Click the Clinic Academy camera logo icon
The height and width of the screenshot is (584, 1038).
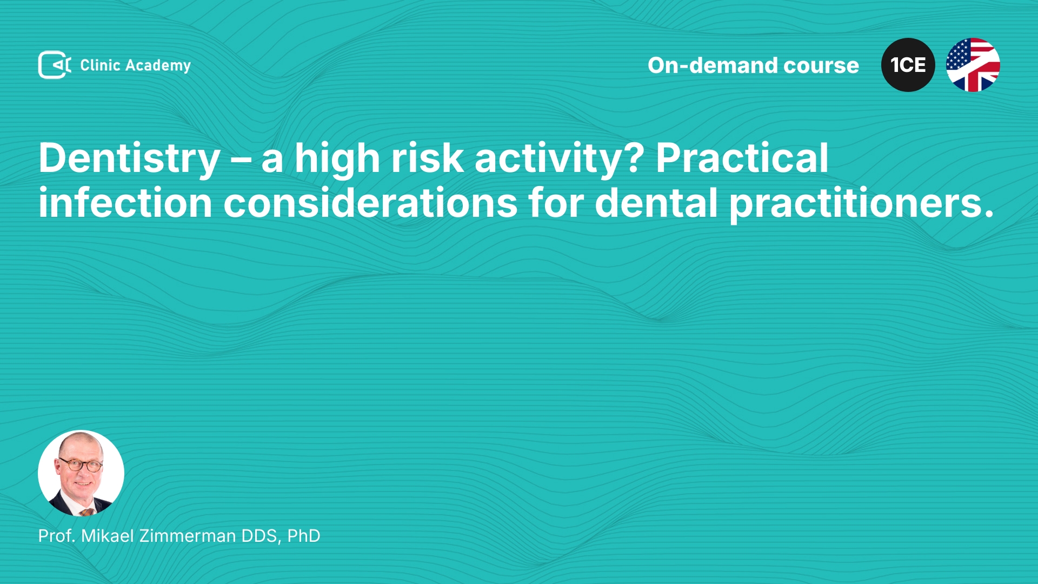(x=55, y=65)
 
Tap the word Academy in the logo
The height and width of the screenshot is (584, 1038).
(x=158, y=66)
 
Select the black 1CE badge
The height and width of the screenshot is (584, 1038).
(x=908, y=65)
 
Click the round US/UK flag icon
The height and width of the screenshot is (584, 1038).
(x=973, y=65)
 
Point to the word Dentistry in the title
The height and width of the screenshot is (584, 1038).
(x=129, y=159)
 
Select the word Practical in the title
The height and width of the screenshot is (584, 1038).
(x=742, y=158)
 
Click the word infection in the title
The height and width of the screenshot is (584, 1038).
(x=125, y=203)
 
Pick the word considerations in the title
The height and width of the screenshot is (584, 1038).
(x=370, y=203)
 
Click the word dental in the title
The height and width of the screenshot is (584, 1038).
(x=656, y=203)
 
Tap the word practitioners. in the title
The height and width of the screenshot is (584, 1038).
(x=862, y=204)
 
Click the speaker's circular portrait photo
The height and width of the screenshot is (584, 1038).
(x=81, y=473)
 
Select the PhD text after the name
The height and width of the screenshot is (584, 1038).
(x=304, y=536)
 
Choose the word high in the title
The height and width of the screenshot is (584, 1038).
(x=337, y=159)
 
